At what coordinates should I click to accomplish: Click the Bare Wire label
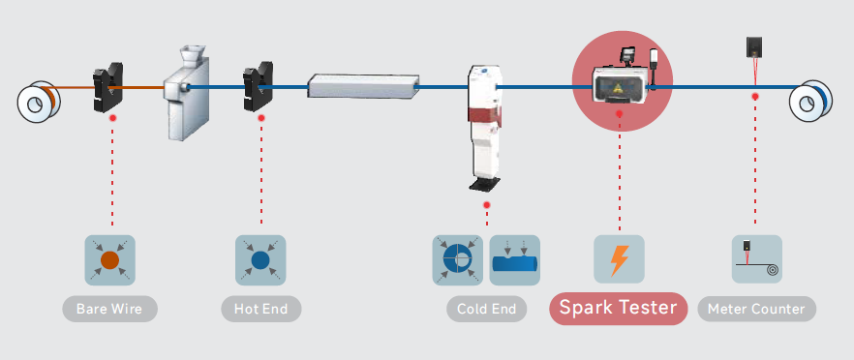point(109,309)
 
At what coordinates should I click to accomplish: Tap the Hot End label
point(260,309)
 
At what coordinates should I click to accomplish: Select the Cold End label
point(486,309)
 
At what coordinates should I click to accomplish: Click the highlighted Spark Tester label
point(618,309)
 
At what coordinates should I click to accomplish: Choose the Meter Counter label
point(756,309)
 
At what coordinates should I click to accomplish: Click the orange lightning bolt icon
point(620,259)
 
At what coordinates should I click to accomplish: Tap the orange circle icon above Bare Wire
point(109,260)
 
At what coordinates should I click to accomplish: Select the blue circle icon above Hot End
point(260,260)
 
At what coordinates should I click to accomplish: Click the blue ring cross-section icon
point(457,260)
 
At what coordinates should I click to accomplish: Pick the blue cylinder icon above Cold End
point(515,260)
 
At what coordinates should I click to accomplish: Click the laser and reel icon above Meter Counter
point(756,259)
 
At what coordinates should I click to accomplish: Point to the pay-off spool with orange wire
point(38,102)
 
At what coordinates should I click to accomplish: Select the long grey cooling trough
point(363,86)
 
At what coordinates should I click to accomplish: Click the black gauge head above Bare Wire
point(107,87)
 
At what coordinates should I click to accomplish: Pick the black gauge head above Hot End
point(258,86)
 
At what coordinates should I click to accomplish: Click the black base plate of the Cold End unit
point(485,184)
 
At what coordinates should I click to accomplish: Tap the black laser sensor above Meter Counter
point(753,46)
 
